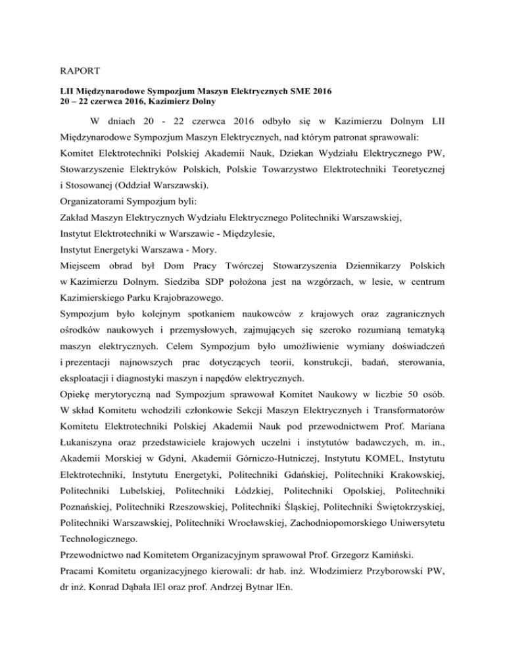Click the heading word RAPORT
pyautogui.click(x=71, y=66)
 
